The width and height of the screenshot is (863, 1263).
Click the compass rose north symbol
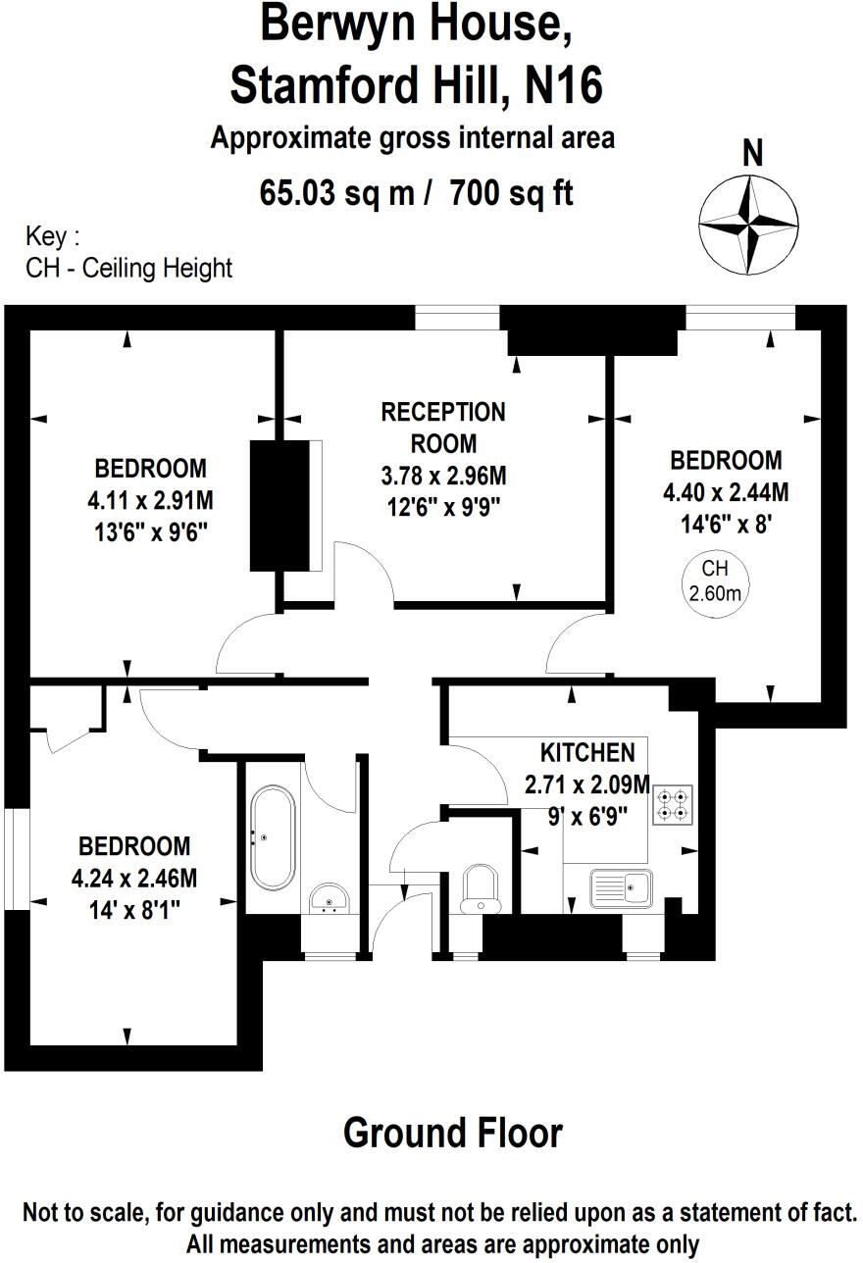(748, 226)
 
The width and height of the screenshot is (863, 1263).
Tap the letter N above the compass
(752, 153)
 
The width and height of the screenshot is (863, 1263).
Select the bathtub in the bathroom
(273, 837)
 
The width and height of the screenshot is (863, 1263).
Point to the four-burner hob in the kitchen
(673, 805)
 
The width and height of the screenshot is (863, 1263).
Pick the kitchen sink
(622, 889)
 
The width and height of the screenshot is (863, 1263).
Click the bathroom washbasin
(330, 898)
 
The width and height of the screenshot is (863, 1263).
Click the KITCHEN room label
(587, 753)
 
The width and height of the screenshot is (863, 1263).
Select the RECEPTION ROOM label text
(443, 428)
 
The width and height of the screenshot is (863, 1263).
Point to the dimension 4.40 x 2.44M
(726, 493)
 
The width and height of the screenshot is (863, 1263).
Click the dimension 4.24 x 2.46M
(134, 879)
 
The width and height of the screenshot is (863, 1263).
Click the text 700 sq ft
(512, 193)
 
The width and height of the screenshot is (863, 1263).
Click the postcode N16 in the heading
(564, 85)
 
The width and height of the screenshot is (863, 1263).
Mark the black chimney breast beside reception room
(280, 506)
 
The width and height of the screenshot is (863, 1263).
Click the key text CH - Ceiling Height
(128, 269)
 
